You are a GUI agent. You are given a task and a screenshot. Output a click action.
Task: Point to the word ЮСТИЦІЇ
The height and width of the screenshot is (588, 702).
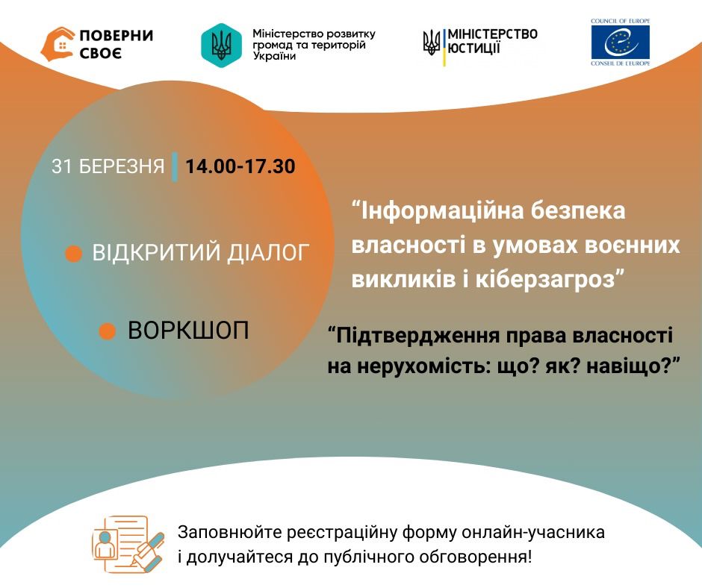click(x=474, y=49)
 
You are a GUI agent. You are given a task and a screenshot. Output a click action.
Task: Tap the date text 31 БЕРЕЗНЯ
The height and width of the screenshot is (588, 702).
click(x=108, y=166)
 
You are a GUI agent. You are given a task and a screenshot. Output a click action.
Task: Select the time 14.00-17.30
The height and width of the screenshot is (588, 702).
click(x=240, y=166)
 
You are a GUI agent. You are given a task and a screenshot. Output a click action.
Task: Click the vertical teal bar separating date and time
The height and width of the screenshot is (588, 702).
click(x=175, y=166)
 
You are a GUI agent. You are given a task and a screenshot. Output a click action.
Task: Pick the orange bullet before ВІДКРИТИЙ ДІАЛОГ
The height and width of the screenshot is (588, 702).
click(x=73, y=254)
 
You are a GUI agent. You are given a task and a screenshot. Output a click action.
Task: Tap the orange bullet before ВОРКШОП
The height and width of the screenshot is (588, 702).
click(x=108, y=331)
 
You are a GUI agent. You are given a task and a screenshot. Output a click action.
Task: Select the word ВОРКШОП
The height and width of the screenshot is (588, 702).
click(x=188, y=331)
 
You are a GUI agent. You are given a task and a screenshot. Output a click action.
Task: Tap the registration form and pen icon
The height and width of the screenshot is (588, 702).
click(x=128, y=543)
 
